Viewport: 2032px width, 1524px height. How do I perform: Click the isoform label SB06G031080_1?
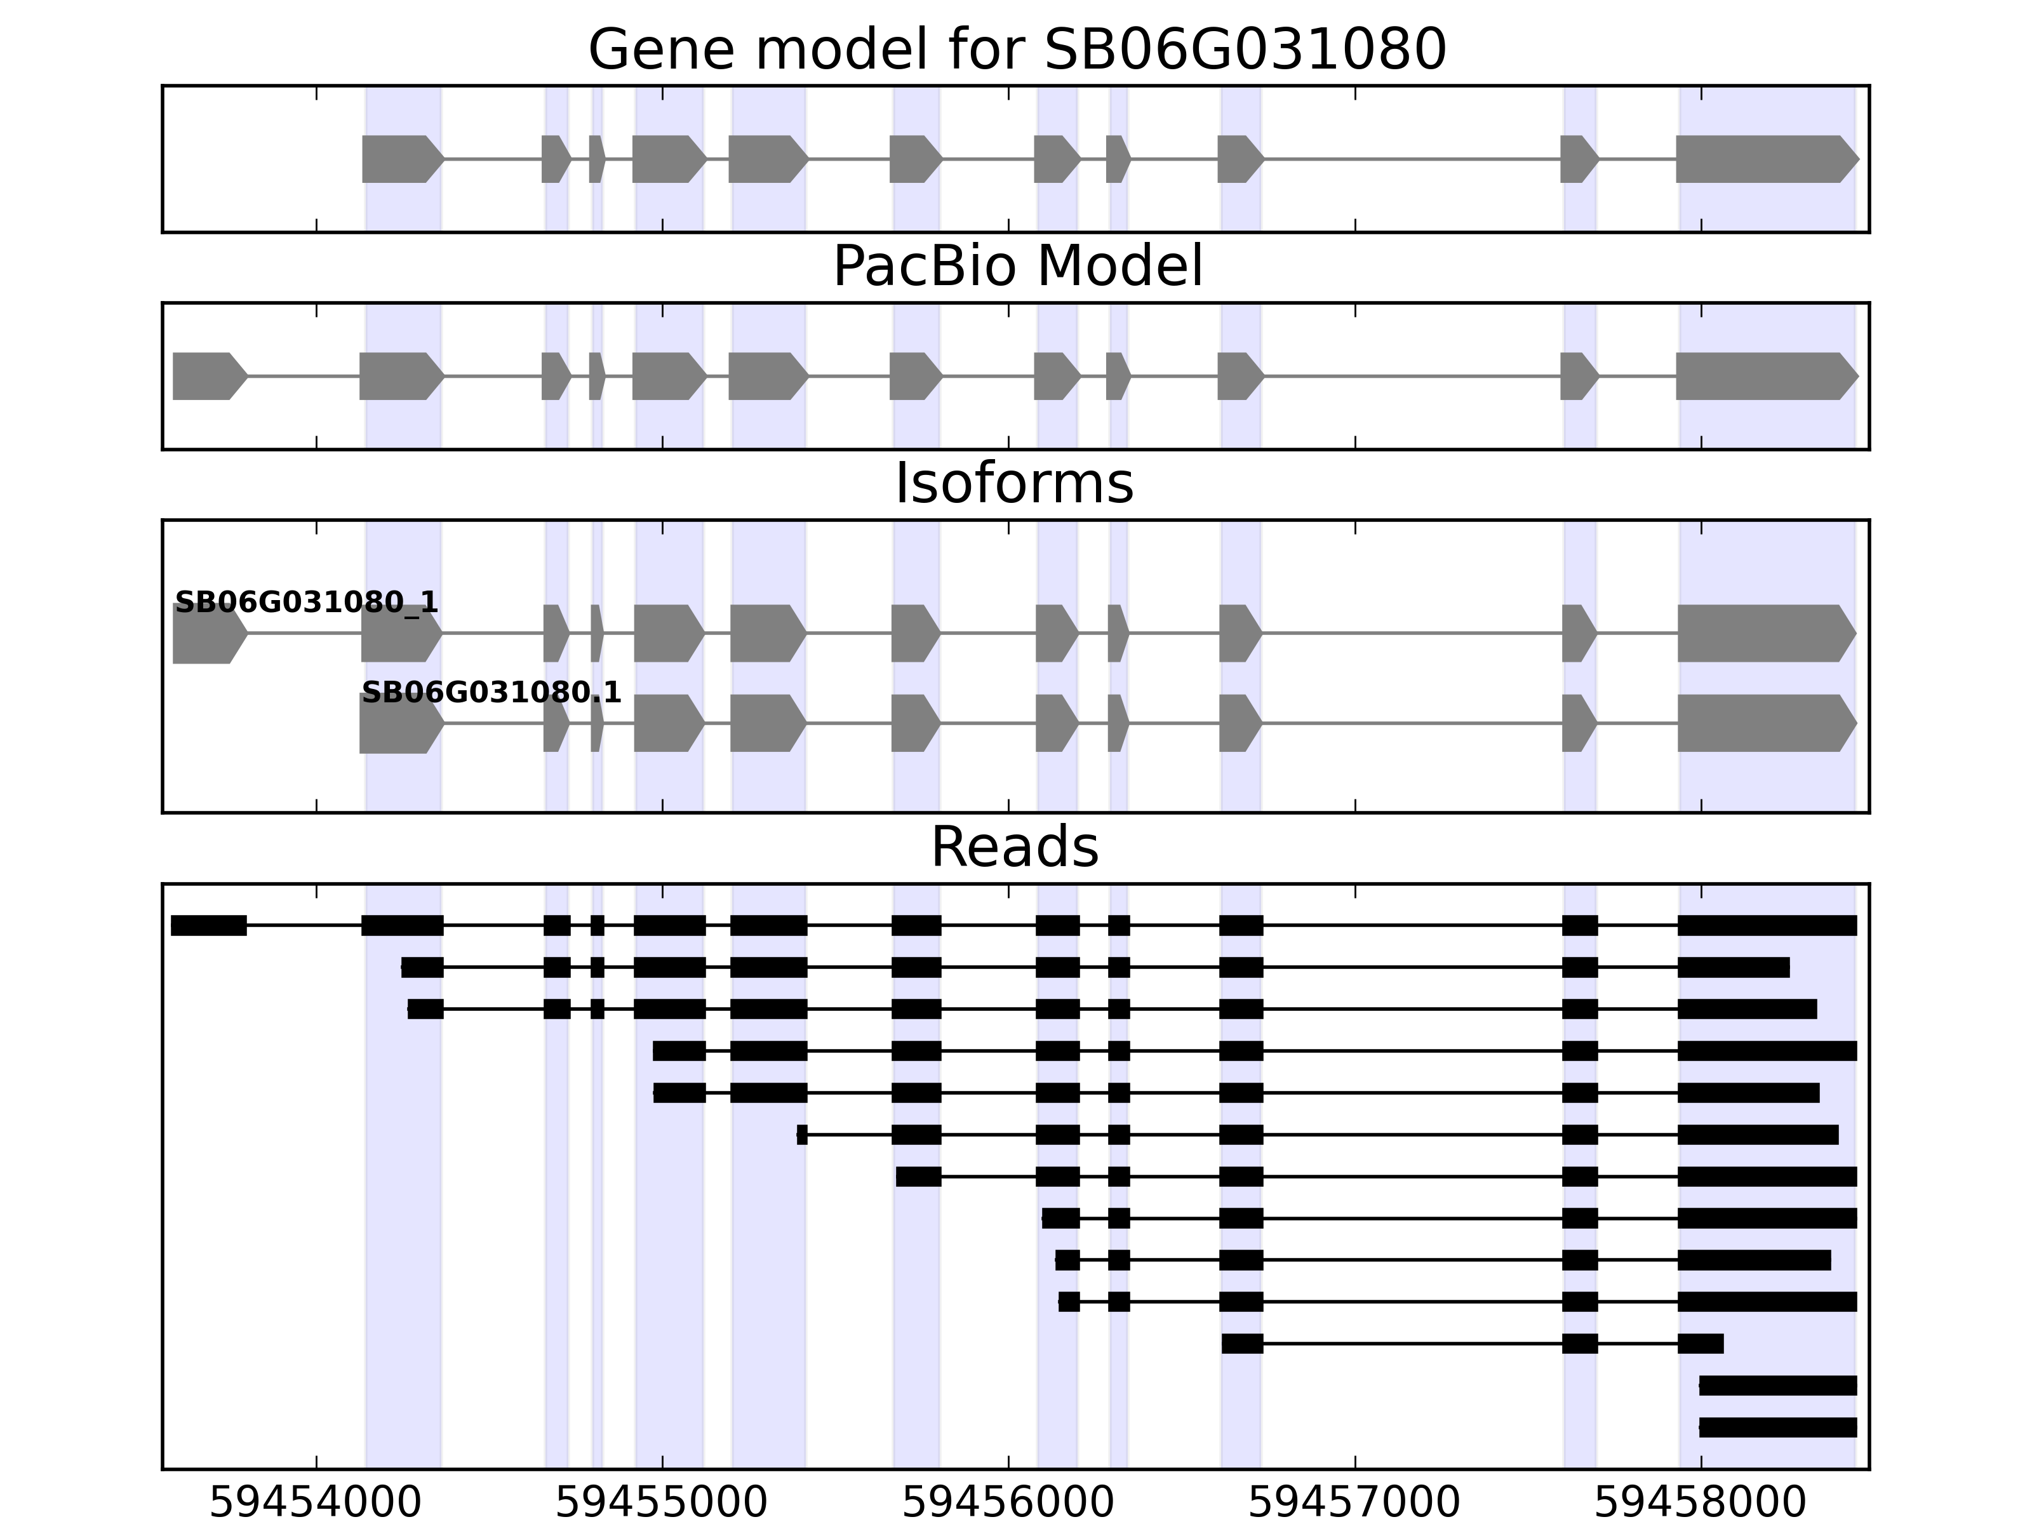click(306, 603)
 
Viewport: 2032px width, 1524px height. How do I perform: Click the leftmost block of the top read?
click(208, 925)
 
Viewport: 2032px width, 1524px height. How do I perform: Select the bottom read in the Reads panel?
click(1777, 1427)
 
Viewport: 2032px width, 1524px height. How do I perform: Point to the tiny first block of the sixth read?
click(802, 1135)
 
